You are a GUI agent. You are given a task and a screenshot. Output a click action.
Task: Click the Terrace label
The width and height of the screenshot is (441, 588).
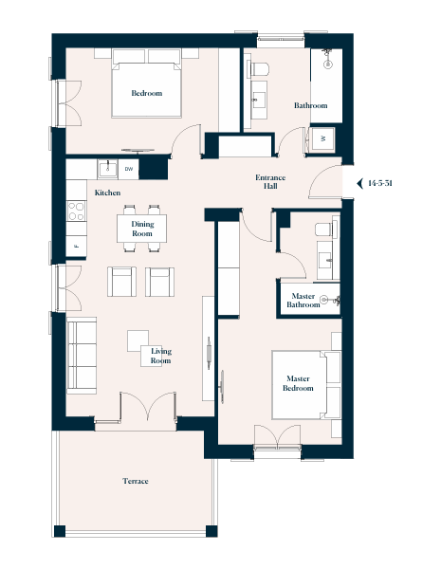click(x=136, y=481)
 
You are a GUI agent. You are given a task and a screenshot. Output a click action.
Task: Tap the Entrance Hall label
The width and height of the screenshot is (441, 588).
click(x=270, y=181)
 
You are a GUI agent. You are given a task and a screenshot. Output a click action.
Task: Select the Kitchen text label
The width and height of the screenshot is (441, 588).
click(x=107, y=193)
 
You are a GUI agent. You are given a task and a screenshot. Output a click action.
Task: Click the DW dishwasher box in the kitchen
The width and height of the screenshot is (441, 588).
click(x=129, y=169)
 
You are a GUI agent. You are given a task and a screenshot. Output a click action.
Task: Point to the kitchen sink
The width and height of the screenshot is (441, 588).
click(x=107, y=169)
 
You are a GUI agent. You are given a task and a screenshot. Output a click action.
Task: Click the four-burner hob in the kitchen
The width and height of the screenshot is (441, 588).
click(x=76, y=211)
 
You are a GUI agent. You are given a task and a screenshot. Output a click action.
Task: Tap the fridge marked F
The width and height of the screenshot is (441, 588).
click(x=76, y=247)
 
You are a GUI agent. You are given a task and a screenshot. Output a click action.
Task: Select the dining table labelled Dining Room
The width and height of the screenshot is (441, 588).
click(x=141, y=229)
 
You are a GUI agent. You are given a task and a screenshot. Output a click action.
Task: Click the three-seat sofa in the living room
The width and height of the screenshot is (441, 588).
click(x=82, y=356)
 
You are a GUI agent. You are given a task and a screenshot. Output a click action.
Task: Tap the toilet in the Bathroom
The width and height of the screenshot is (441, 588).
click(x=260, y=69)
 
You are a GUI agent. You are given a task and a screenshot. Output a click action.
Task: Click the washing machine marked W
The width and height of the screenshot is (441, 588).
click(x=323, y=138)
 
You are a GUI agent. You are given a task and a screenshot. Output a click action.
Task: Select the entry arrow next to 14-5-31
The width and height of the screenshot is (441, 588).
click(x=360, y=183)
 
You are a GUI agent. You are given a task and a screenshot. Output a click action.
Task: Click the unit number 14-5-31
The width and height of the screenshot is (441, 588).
click(x=380, y=183)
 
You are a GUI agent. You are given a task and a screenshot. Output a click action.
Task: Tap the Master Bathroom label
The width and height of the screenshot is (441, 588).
click(x=303, y=301)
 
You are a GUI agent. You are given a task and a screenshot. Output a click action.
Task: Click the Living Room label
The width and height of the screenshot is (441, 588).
click(x=161, y=356)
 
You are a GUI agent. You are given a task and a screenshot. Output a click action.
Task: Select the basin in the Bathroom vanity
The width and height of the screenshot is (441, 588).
click(x=259, y=100)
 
